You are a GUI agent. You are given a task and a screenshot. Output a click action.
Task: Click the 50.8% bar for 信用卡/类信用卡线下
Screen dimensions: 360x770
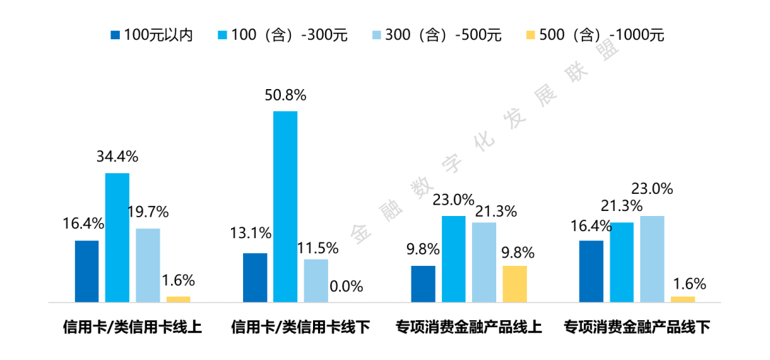285,206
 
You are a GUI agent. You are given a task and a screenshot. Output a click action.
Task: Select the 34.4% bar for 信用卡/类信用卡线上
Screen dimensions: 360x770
117,237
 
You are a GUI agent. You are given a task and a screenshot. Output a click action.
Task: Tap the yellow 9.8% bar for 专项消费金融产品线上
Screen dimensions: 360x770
515,283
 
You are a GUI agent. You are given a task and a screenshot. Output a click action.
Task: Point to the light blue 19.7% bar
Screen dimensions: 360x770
148,264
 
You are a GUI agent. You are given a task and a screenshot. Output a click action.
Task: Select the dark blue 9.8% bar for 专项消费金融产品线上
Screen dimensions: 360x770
423,283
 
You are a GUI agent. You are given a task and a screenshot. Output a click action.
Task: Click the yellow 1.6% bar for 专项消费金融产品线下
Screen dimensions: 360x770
683,298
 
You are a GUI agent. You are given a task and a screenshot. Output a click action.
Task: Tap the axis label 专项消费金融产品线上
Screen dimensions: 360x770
469,328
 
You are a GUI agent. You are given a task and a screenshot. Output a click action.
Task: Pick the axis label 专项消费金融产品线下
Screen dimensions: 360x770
637,328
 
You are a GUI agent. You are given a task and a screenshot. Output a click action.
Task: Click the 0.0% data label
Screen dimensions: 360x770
346,287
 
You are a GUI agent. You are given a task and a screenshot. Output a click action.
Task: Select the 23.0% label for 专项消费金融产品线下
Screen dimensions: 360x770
652,189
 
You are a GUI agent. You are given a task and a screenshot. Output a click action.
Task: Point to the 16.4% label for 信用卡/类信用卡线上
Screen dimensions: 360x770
83,223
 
